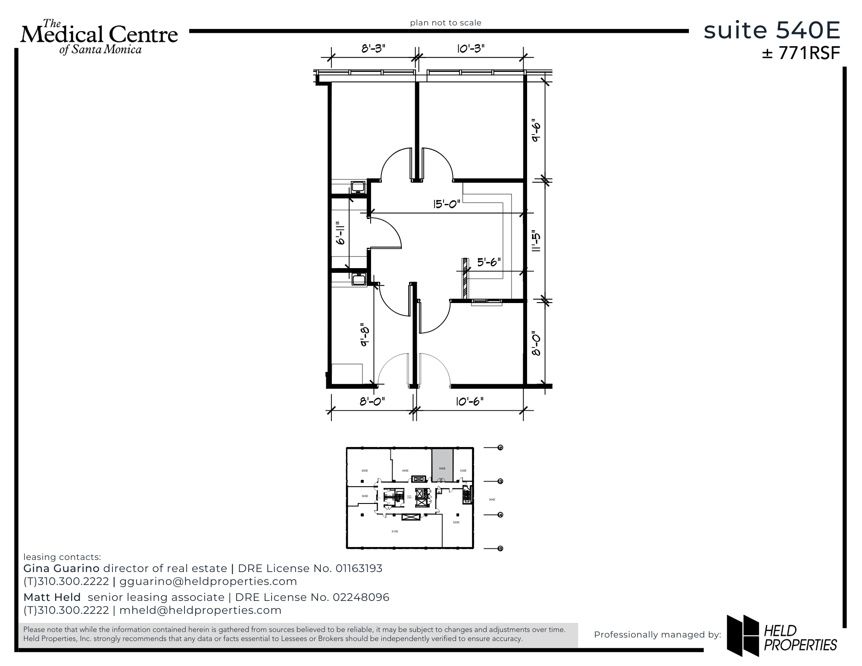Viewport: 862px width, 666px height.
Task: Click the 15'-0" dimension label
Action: click(x=447, y=203)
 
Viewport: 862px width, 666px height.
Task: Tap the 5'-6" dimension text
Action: click(x=488, y=262)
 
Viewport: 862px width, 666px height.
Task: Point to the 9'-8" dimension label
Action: click(x=365, y=335)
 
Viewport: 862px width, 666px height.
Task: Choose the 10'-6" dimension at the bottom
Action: click(x=470, y=401)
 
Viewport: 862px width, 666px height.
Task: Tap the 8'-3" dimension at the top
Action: click(x=373, y=48)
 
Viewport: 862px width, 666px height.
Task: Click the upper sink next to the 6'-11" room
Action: click(x=358, y=187)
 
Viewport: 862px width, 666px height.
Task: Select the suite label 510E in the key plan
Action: click(x=394, y=532)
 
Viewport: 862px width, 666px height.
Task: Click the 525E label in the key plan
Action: click(x=456, y=522)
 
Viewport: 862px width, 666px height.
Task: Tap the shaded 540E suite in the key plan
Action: click(x=442, y=466)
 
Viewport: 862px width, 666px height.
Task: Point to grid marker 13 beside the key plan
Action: click(x=500, y=481)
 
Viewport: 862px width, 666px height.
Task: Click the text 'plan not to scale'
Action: click(x=446, y=23)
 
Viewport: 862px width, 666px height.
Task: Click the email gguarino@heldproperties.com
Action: click(x=208, y=582)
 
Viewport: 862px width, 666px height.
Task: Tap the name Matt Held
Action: click(x=52, y=597)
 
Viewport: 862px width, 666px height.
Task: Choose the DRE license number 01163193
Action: click(x=359, y=569)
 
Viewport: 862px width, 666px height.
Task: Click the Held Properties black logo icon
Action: click(x=743, y=635)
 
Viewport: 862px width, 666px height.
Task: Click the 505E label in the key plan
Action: click(x=365, y=496)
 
